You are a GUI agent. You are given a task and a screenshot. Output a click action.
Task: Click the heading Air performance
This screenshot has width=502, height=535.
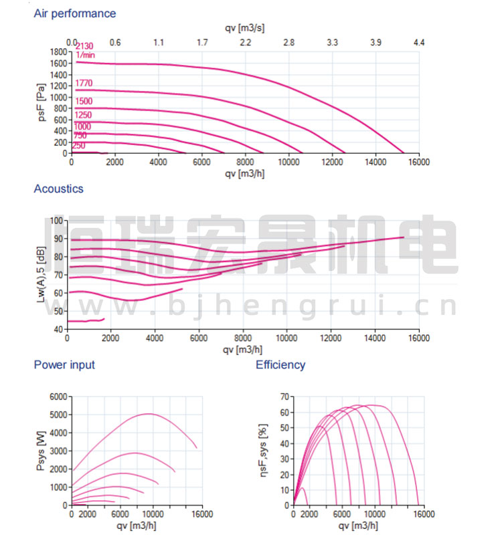tap(74, 13)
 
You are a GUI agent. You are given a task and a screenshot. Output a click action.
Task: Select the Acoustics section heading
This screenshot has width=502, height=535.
tap(58, 189)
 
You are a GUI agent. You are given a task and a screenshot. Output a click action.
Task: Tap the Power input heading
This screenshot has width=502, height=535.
tap(64, 364)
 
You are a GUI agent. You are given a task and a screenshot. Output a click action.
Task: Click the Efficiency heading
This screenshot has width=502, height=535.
tap(280, 364)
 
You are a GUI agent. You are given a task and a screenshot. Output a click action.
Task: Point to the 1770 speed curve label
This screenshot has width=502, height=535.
tap(84, 84)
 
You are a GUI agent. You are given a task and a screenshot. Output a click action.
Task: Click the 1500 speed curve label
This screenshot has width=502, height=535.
tap(84, 102)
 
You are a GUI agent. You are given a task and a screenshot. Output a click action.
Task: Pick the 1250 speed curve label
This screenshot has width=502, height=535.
tap(83, 115)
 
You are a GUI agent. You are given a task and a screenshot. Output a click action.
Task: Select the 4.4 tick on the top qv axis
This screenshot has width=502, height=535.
tap(419, 43)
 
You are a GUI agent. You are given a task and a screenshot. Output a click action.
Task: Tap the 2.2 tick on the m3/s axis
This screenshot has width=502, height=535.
tap(246, 43)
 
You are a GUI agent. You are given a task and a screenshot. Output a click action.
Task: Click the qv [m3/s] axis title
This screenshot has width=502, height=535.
tap(245, 27)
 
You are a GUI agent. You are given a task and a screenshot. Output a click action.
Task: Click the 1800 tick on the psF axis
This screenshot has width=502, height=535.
tap(59, 51)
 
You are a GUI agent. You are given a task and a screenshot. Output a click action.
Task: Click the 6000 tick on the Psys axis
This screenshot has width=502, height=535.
tap(59, 397)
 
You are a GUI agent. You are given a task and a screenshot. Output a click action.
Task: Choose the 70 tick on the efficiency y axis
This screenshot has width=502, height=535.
tap(284, 397)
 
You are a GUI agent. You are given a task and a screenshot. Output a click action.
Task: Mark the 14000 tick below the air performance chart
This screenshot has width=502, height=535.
tap(375, 162)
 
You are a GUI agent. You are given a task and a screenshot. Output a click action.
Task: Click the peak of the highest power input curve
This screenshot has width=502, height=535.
tap(149, 414)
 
